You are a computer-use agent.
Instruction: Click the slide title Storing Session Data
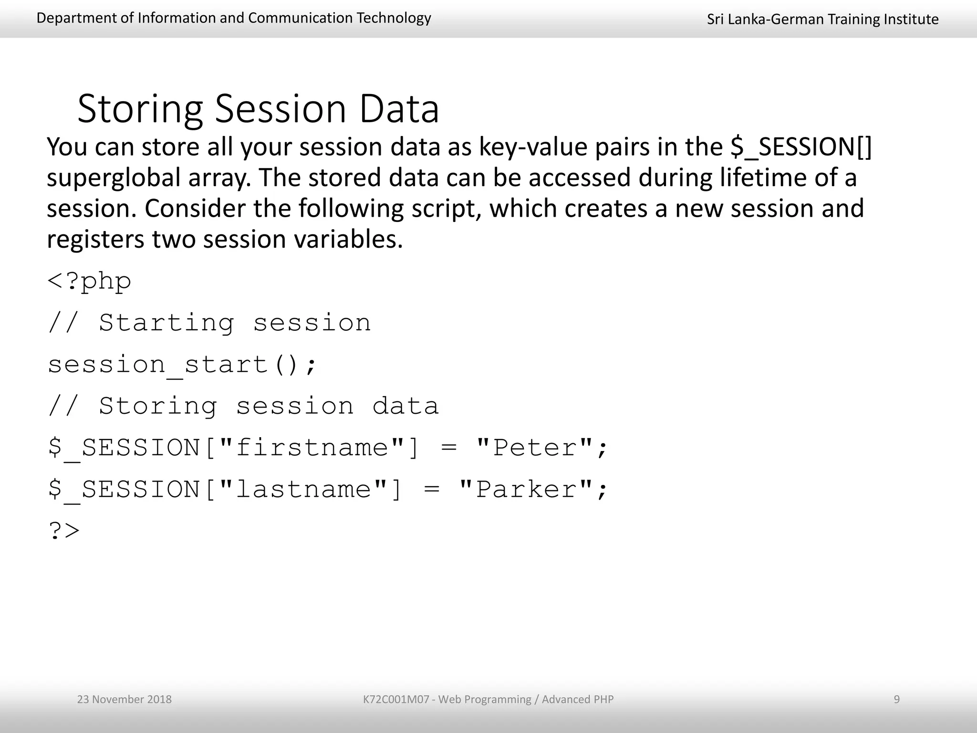pyautogui.click(x=258, y=109)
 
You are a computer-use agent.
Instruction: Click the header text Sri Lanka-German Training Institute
pyautogui.click(x=822, y=19)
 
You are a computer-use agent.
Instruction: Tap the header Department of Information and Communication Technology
pyautogui.click(x=234, y=18)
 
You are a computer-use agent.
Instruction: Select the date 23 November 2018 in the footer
pyautogui.click(x=125, y=699)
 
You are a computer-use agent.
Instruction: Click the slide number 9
pyautogui.click(x=896, y=699)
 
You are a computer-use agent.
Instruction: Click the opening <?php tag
pyautogui.click(x=89, y=281)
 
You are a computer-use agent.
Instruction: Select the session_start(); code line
pyautogui.click(x=182, y=365)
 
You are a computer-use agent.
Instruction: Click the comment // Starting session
pyautogui.click(x=209, y=323)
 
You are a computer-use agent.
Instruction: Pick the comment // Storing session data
pyautogui.click(x=243, y=407)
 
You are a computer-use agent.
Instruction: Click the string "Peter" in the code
pyautogui.click(x=534, y=448)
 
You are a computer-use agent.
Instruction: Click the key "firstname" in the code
pyautogui.click(x=312, y=448)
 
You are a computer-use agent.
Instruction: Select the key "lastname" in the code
pyautogui.click(x=304, y=490)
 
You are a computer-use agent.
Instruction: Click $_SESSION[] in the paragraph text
pyautogui.click(x=801, y=147)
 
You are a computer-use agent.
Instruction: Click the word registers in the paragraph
pyautogui.click(x=95, y=239)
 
